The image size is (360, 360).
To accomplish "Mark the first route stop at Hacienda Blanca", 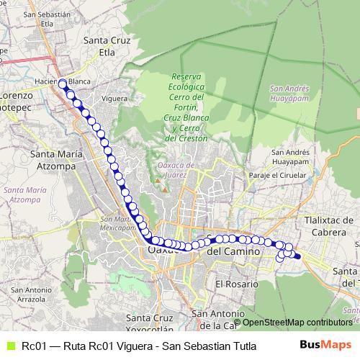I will [63, 83].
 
